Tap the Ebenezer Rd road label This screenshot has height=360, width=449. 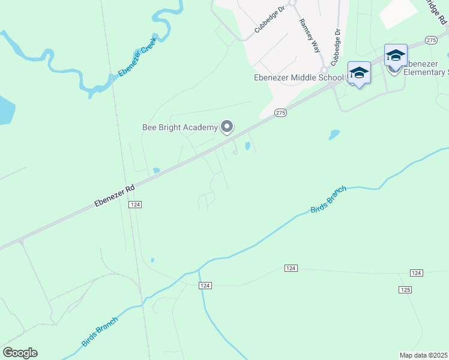113,196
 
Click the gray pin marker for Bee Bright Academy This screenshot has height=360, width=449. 227,127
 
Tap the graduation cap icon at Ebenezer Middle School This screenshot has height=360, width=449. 359,73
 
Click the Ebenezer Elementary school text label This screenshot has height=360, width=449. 426,68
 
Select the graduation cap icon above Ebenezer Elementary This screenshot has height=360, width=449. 396,55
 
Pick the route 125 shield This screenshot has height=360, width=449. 405,290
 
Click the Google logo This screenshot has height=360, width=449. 20,353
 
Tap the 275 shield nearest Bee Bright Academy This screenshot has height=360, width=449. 280,112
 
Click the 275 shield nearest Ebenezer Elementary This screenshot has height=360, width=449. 431,40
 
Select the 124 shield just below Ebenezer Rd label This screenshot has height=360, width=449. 134,205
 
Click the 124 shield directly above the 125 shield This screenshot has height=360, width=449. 417,273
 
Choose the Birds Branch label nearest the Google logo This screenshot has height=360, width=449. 100,331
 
